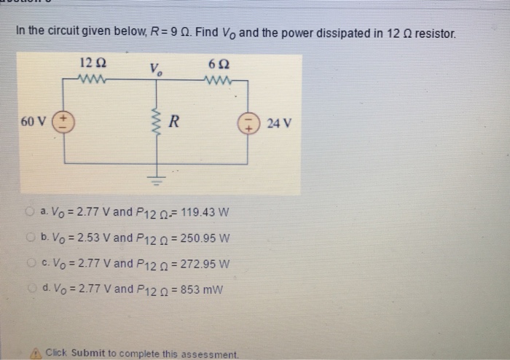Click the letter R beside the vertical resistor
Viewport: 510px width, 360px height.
(x=175, y=122)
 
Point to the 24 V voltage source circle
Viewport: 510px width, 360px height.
(x=246, y=122)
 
